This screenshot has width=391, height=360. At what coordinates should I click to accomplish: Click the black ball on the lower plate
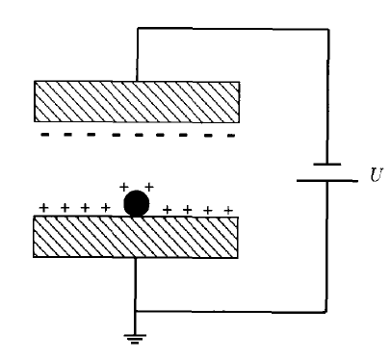pos(137,204)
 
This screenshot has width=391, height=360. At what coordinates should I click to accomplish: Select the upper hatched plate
pos(136,99)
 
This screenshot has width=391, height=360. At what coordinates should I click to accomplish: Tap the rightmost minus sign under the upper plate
pos(230,136)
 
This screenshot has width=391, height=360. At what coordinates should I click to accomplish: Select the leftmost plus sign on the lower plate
pos(42,207)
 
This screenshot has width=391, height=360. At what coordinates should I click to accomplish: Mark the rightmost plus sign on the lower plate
pos(228,209)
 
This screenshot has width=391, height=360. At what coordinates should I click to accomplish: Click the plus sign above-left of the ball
pos(123,186)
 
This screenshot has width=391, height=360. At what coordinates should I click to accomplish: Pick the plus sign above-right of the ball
pos(148,185)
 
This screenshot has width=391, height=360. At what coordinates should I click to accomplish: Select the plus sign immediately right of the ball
pos(168,208)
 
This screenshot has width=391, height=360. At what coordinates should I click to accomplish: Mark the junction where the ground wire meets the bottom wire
pos(136,311)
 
